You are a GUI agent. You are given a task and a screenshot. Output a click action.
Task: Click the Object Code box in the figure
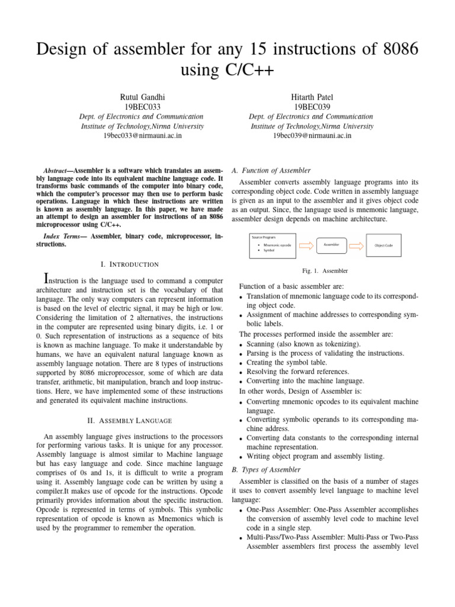pyautogui.click(x=383, y=245)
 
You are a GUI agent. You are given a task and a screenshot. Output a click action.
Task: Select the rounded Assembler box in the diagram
pyautogui.click(x=330, y=244)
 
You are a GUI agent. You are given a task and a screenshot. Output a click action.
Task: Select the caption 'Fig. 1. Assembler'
pyautogui.click(x=325, y=271)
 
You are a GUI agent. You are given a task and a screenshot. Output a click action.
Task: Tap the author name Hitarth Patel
pyautogui.click(x=312, y=96)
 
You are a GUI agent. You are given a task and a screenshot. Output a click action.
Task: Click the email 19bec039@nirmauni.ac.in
pyautogui.click(x=312, y=136)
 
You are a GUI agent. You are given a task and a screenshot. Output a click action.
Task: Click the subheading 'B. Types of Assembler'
pyautogui.click(x=267, y=469)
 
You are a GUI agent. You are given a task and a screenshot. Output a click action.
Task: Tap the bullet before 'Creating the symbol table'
pyautogui.click(x=240, y=363)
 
